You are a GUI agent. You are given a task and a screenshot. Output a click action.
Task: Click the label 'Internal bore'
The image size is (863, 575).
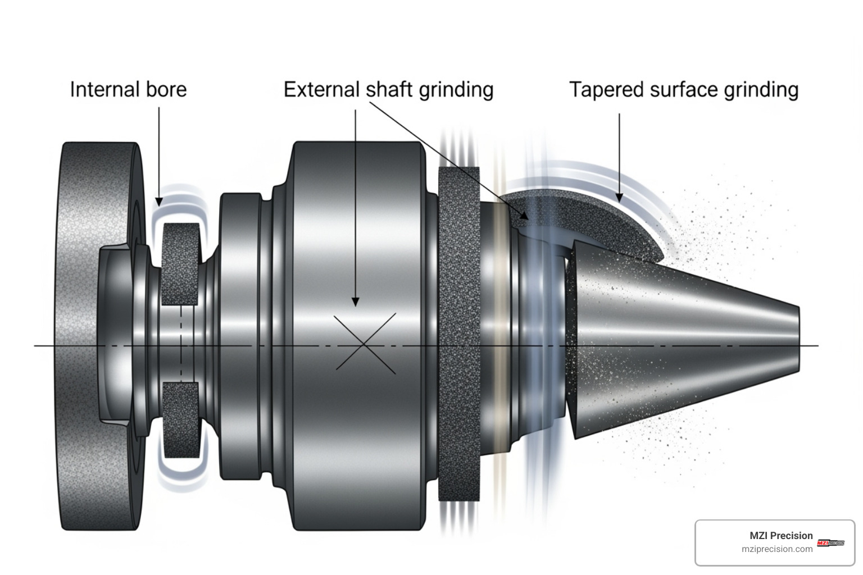coord(128,90)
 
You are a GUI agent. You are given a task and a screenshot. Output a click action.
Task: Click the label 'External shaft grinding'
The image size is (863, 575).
coord(388,90)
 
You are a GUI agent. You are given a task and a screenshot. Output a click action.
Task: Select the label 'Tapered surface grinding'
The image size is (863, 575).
coord(683,90)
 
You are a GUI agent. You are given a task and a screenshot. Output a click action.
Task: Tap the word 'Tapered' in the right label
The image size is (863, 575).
coord(606,90)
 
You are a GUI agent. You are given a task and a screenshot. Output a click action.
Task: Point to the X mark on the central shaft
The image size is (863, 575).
coord(365,343)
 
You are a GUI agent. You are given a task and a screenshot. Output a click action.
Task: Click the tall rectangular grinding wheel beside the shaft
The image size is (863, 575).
coord(458,334)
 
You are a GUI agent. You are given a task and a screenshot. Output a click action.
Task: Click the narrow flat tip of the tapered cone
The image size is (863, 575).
coord(798,340)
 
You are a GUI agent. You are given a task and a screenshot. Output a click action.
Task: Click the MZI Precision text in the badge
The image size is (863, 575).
coord(781,536)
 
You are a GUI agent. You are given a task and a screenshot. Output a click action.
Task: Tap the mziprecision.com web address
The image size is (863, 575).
coord(776,549)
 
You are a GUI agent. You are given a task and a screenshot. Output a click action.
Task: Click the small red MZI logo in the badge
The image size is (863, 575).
coord(830,542)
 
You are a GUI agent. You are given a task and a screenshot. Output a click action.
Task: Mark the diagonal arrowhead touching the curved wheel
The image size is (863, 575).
coord(525,215)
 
